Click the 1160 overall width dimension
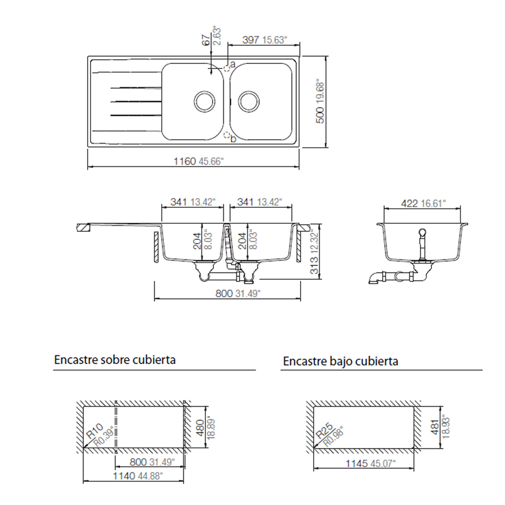185,161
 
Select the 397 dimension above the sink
251,40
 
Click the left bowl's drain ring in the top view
205,101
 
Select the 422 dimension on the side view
409,203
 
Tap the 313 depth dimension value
314,265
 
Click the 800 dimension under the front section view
224,293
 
